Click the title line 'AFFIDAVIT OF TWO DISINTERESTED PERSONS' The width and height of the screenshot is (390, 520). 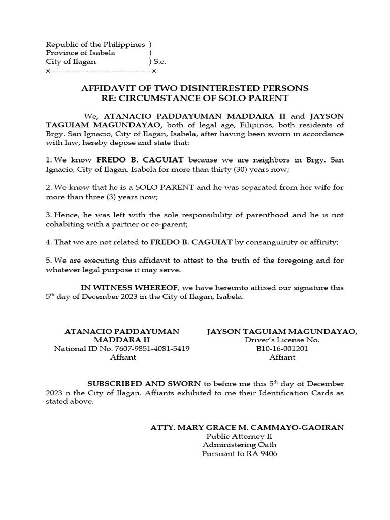pyautogui.click(x=195, y=88)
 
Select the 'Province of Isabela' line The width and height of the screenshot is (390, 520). pyautogui.click(x=80, y=53)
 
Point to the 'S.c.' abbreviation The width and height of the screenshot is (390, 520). pyautogui.click(x=160, y=61)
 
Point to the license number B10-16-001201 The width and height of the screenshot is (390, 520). pyautogui.click(x=282, y=348)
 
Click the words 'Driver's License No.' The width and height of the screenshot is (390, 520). pyautogui.click(x=282, y=340)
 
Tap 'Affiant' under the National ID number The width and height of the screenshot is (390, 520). pyautogui.click(x=123, y=357)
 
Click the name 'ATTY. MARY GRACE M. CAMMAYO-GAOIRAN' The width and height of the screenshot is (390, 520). pyautogui.click(x=247, y=427)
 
